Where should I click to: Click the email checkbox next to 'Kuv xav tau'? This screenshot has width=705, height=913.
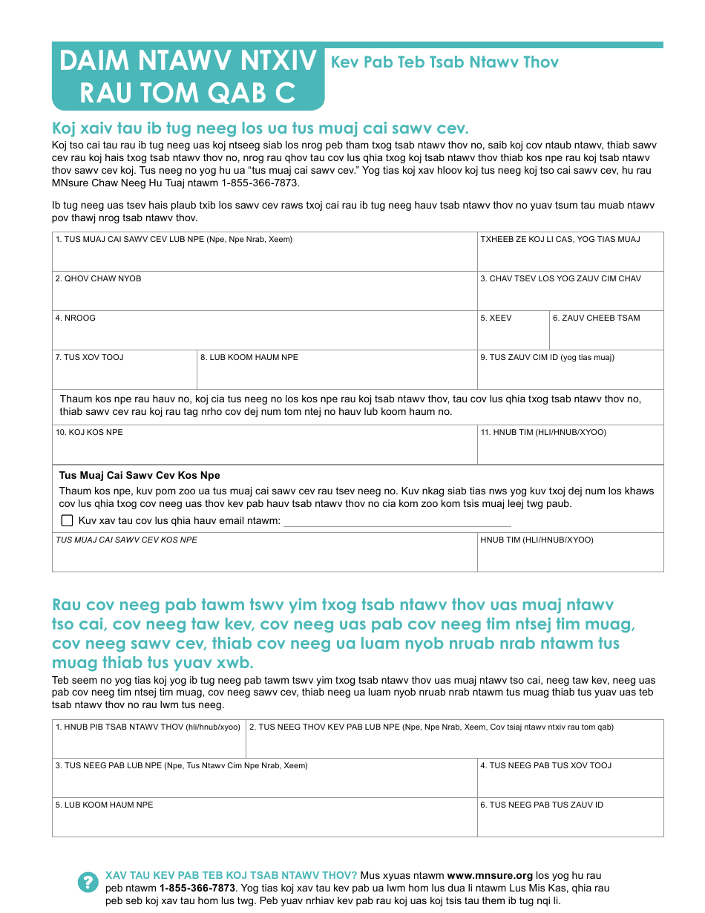67,520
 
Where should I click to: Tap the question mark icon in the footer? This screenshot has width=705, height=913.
88,882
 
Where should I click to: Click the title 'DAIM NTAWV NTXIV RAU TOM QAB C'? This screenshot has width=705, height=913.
188,76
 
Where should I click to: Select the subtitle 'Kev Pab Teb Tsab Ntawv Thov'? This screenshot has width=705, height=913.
445,62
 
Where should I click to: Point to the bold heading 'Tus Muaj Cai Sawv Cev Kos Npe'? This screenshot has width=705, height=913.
140,475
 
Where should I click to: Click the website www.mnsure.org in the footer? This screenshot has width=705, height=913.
490,875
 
